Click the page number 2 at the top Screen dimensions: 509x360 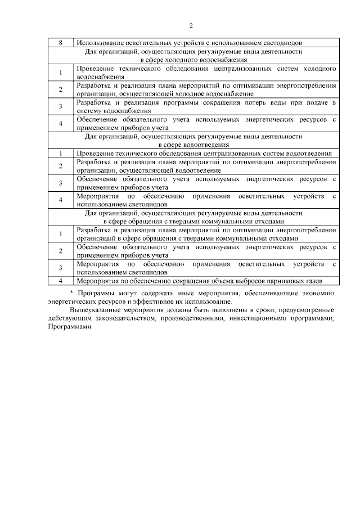pos(191,26)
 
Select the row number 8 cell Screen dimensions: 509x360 pos(60,42)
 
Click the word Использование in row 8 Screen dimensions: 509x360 pos(98,42)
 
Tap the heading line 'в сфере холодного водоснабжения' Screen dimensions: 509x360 pos(193,58)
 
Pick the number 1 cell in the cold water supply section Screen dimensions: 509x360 pos(60,72)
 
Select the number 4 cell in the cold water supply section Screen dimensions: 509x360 pos(60,124)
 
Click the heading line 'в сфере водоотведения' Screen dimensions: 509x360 pos(193,145)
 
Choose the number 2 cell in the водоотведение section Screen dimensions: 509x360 pos(60,166)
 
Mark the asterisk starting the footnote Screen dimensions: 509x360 pos(71,293)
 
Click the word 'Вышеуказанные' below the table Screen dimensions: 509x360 pos(98,310)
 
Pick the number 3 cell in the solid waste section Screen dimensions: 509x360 pos(60,268)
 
